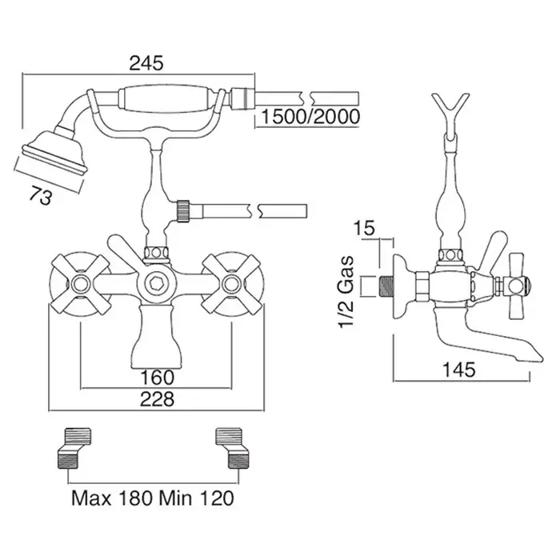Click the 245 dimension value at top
click(146, 62)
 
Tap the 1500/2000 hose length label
click(308, 118)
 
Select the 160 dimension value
click(157, 376)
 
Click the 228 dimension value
click(157, 399)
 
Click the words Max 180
click(106, 498)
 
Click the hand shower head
click(50, 152)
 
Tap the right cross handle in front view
click(232, 282)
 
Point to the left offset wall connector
click(73, 447)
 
